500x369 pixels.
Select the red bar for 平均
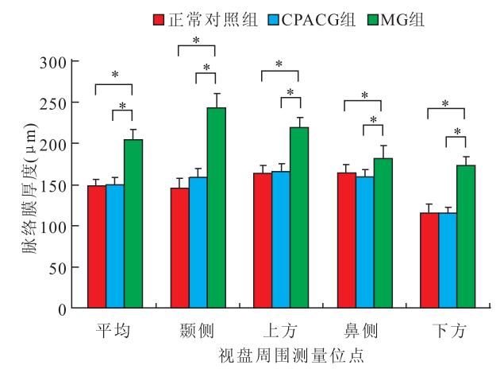coord(96,246)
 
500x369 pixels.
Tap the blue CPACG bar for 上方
coord(281,239)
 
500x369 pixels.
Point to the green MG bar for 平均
coord(133,223)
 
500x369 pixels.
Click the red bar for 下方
coord(429,259)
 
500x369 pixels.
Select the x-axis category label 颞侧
coord(198,328)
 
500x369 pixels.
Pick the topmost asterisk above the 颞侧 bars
coord(197,40)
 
